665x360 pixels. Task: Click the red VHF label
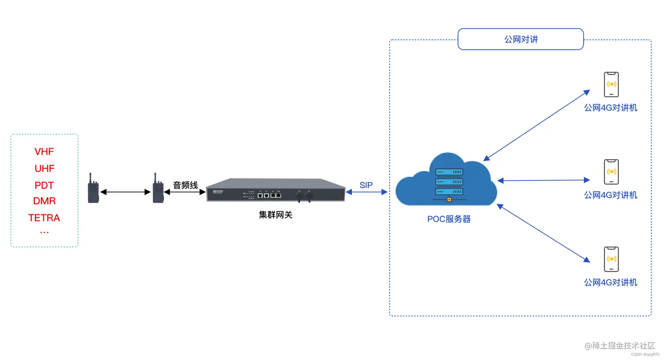point(44,152)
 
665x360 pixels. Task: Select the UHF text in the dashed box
point(44,168)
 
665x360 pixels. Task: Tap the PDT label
point(44,185)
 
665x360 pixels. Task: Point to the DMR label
point(44,201)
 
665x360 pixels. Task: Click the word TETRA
point(44,218)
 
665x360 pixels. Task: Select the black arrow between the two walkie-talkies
point(125,192)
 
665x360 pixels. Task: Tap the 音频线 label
point(185,185)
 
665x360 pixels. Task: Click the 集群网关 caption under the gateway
point(275,215)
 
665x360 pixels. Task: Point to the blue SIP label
point(366,185)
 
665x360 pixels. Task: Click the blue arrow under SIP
point(366,192)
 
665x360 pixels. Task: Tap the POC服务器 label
point(449,219)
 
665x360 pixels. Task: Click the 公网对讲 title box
point(521,40)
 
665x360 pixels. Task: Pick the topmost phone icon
point(611,84)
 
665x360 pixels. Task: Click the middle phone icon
point(611,172)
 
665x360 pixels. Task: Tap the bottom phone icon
point(611,259)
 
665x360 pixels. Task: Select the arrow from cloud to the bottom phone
point(543,233)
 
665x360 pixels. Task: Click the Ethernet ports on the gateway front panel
point(269,195)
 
